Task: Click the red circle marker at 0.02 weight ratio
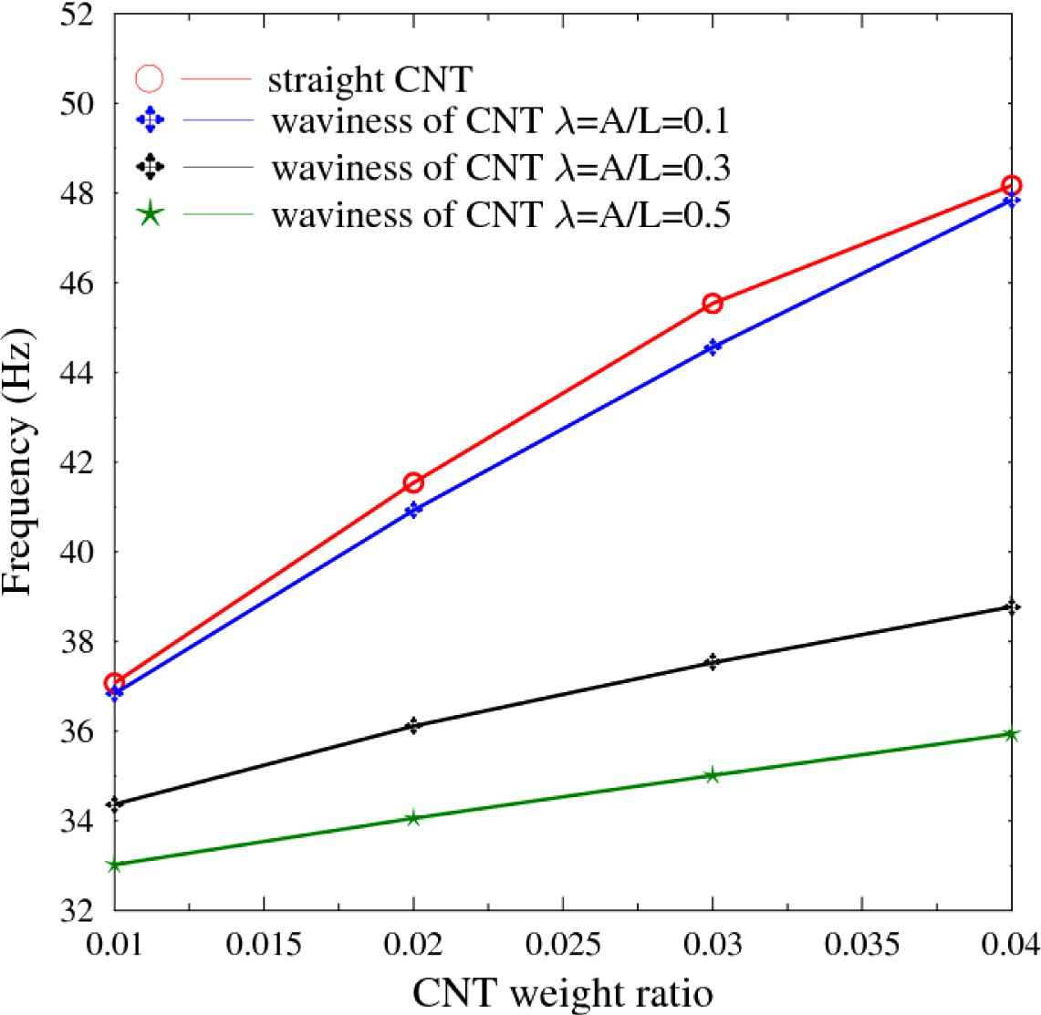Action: (413, 482)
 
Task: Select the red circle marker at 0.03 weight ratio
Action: (713, 303)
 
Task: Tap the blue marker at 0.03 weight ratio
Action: (713, 347)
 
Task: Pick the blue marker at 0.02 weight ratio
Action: (413, 510)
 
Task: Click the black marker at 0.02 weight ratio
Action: (413, 726)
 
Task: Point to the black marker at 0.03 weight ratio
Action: (713, 662)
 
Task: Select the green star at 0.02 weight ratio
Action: (413, 818)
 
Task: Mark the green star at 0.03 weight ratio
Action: (713, 775)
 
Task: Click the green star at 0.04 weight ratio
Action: (1011, 734)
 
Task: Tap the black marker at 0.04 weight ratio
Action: (1011, 607)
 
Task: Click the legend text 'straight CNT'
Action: (370, 79)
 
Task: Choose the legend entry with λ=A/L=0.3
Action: (500, 168)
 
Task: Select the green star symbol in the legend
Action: (150, 215)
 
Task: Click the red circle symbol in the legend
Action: (150, 79)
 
